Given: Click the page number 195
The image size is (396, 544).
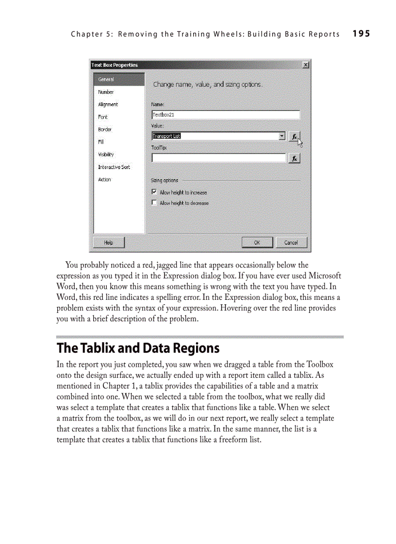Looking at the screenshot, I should [361, 33].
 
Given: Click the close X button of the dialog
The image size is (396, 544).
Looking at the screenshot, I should [305, 65].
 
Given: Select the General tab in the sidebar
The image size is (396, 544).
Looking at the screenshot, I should [106, 79].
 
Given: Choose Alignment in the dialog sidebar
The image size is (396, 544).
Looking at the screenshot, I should [108, 105].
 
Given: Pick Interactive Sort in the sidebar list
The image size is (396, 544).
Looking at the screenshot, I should [114, 167].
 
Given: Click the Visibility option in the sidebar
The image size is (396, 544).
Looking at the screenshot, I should [106, 155].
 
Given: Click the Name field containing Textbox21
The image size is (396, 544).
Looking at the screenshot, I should [225, 115].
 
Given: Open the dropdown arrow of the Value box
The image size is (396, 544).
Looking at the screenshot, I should [282, 136].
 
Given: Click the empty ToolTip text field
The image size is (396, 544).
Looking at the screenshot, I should [218, 158].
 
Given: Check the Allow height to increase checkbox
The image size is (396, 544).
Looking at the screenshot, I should [154, 192].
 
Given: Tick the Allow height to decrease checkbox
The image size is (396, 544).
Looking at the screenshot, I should [154, 203].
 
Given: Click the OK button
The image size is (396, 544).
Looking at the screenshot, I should [257, 243].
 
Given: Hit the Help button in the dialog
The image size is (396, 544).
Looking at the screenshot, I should [109, 243].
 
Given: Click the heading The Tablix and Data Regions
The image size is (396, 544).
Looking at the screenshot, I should [138, 348].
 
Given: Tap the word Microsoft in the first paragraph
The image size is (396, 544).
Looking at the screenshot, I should [325, 276].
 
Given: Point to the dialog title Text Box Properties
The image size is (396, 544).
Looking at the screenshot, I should [115, 65].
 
